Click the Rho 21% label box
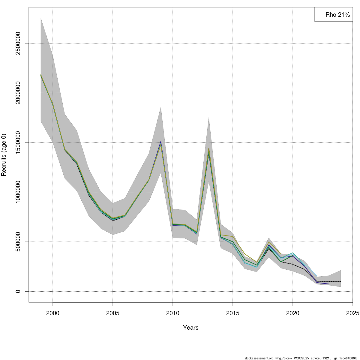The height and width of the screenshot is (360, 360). [334, 15]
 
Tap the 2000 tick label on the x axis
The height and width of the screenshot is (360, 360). [53, 313]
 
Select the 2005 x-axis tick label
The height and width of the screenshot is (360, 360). [113, 313]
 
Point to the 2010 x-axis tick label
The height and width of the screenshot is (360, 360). [173, 313]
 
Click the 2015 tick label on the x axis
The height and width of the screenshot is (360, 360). [233, 313]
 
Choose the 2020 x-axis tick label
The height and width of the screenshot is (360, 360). [293, 313]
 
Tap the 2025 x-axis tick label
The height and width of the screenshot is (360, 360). [352, 313]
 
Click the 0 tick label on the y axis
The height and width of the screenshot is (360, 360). [18, 291]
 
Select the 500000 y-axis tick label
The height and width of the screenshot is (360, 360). [18, 242]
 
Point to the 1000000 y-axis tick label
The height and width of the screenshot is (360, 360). [18, 192]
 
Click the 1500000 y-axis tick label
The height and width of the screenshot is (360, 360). [18, 142]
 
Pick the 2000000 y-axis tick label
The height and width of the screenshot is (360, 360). [18, 93]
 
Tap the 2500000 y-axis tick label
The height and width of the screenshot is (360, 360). [18, 43]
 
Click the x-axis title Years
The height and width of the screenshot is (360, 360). [191, 328]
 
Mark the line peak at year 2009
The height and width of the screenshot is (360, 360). [161, 142]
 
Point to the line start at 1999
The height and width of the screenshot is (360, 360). [41, 75]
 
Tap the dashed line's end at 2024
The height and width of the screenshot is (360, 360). [340, 281]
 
